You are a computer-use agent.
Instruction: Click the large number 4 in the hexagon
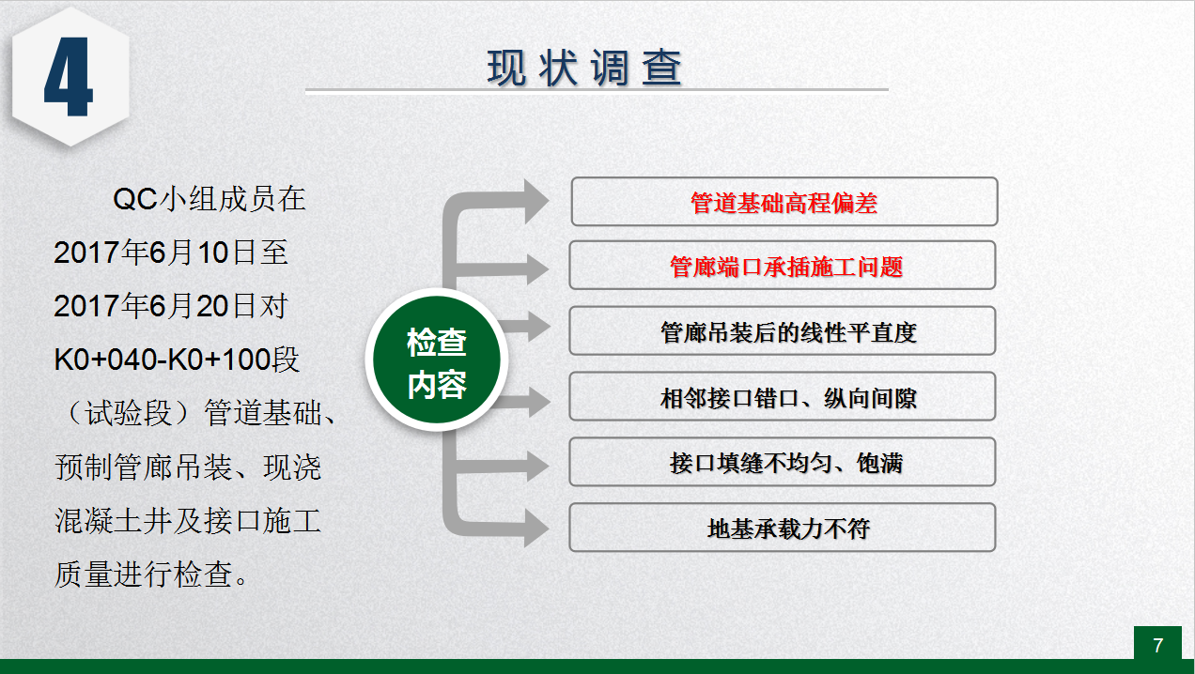69,77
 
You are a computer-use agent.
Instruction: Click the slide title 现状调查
584,68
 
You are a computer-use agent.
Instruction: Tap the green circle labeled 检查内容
437,360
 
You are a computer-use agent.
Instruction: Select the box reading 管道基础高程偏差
784,202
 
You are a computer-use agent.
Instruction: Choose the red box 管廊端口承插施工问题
783,266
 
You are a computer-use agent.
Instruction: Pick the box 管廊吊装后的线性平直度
783,330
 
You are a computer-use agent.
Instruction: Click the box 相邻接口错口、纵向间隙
783,396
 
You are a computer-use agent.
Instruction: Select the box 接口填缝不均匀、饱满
783,462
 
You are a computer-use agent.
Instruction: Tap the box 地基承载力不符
783,528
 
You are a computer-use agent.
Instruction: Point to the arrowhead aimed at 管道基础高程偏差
536,201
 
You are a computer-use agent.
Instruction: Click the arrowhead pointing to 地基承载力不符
536,528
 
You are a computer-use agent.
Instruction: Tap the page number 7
1157,645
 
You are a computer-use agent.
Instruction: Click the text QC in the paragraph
135,199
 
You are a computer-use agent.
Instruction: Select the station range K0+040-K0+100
163,360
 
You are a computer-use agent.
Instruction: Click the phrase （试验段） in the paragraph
128,413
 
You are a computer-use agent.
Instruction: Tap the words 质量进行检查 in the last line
144,574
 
